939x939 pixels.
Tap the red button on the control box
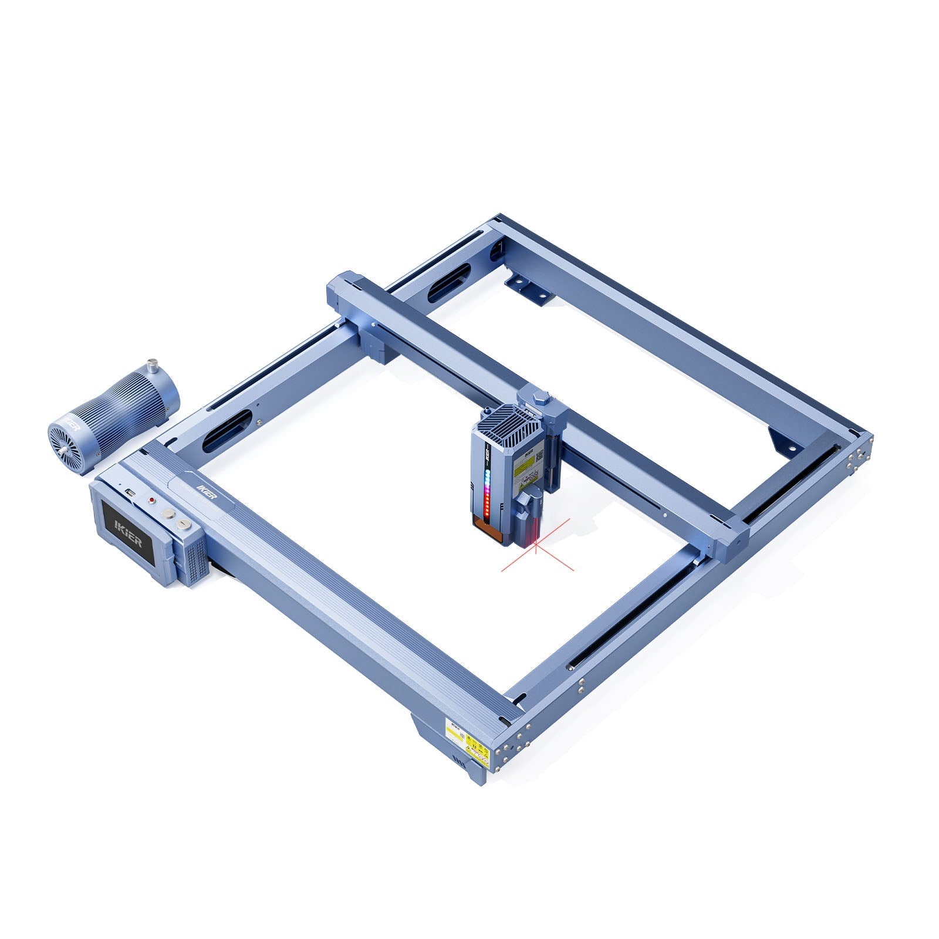click(x=152, y=501)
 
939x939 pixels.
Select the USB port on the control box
click(x=131, y=492)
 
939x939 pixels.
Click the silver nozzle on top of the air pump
click(x=153, y=365)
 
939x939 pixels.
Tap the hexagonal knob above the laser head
click(x=541, y=398)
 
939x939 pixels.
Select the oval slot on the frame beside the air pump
click(x=227, y=431)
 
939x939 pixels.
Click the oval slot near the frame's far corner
click(x=450, y=283)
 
